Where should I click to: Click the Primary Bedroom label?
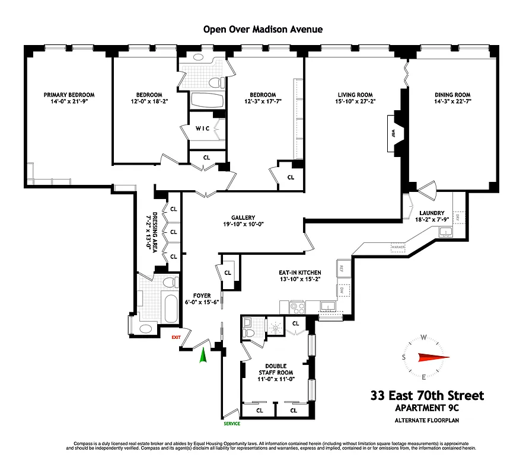coord(69,95)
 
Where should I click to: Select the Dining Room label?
coord(452,95)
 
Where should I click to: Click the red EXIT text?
coord(176,337)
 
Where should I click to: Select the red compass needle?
coord(433,357)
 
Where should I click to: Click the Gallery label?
coord(243,217)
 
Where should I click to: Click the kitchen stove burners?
coord(296,306)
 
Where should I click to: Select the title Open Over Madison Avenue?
coord(263,30)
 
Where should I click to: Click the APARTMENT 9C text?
coord(427,408)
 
